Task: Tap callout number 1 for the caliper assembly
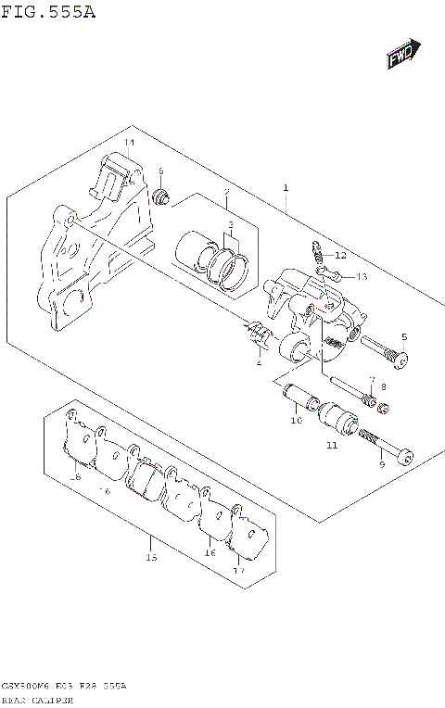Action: pyautogui.click(x=286, y=188)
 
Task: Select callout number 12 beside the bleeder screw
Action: pyautogui.click(x=339, y=255)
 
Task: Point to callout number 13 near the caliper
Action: pyautogui.click(x=362, y=276)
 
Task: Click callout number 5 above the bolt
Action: pyautogui.click(x=403, y=336)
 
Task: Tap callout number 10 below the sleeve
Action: pyautogui.click(x=296, y=421)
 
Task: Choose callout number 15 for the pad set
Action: pyautogui.click(x=151, y=558)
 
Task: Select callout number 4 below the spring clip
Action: pyautogui.click(x=259, y=362)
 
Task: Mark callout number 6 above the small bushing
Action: pyautogui.click(x=160, y=171)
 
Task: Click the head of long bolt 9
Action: pyautogui.click(x=406, y=455)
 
